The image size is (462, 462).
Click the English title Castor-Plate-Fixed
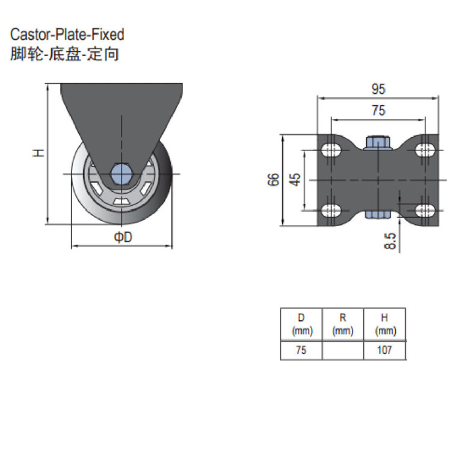67,34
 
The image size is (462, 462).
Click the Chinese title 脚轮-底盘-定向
64,54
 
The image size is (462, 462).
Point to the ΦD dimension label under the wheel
123,238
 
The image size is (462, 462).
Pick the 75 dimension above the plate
377,110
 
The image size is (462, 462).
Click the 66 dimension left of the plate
274,180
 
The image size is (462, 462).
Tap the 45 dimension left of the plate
295,180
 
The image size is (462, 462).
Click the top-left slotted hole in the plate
331,150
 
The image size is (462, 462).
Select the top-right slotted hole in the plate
425,149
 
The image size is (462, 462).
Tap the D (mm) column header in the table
301,324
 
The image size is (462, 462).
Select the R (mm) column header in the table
343,324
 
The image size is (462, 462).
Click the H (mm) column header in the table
384,324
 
